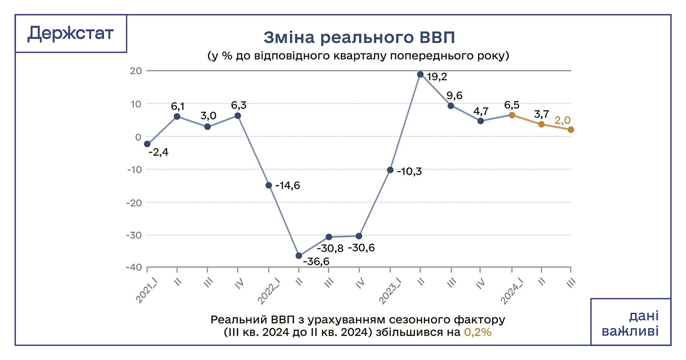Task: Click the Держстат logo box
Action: point(71,33)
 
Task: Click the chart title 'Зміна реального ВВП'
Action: point(358,38)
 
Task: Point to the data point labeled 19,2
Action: point(420,74)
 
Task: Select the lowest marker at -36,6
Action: point(299,255)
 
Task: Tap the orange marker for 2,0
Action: point(571,130)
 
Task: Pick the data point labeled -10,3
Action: point(390,170)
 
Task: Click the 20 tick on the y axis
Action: point(136,71)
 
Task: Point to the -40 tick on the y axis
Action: point(133,267)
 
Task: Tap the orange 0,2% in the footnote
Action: point(478,332)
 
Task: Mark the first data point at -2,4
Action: point(147,144)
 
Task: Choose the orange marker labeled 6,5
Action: point(511,115)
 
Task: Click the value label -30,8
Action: point(330,248)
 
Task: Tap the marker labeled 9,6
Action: point(451,106)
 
